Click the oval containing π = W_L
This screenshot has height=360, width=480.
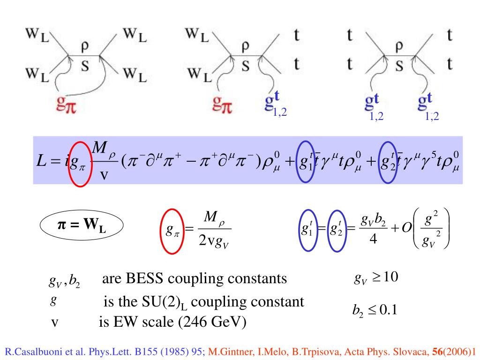coord(82,227)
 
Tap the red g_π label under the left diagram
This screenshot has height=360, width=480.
coord(66,105)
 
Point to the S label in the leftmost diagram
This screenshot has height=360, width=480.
coord(85,66)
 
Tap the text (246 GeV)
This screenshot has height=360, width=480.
coord(216,322)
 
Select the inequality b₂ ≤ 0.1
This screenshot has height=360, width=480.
coord(375,310)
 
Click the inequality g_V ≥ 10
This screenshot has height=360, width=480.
coord(376,277)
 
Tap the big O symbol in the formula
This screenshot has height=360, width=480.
coord(406,228)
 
